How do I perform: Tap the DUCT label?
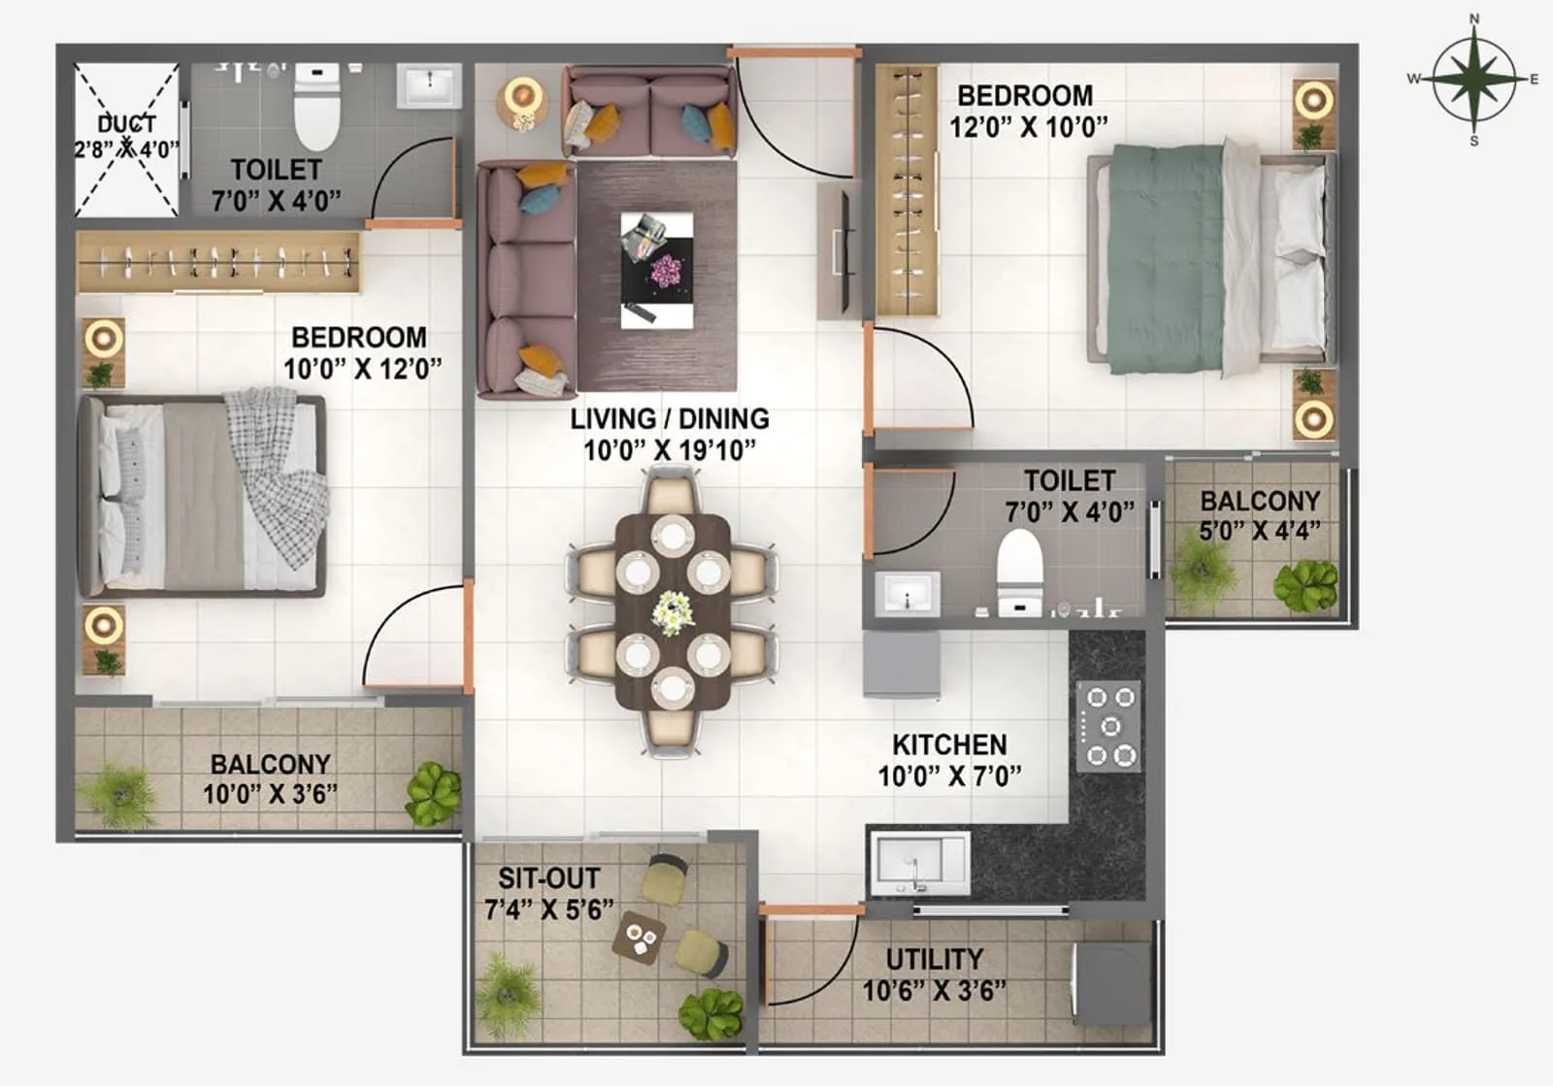click(126, 123)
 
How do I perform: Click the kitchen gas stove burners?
click(1109, 726)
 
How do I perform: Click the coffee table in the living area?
click(657, 271)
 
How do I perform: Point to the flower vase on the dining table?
click(673, 612)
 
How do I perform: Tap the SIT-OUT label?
click(548, 878)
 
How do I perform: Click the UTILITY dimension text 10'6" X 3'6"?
click(934, 991)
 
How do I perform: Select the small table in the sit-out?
click(641, 938)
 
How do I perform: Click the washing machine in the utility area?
click(1111, 983)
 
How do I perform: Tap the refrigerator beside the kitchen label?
click(902, 664)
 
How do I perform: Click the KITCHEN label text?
click(949, 744)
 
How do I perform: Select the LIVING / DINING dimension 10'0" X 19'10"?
click(669, 450)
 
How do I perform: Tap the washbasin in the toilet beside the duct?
click(428, 86)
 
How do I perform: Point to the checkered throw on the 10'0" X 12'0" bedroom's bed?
click(276, 476)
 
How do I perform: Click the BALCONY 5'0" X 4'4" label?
click(1260, 501)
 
